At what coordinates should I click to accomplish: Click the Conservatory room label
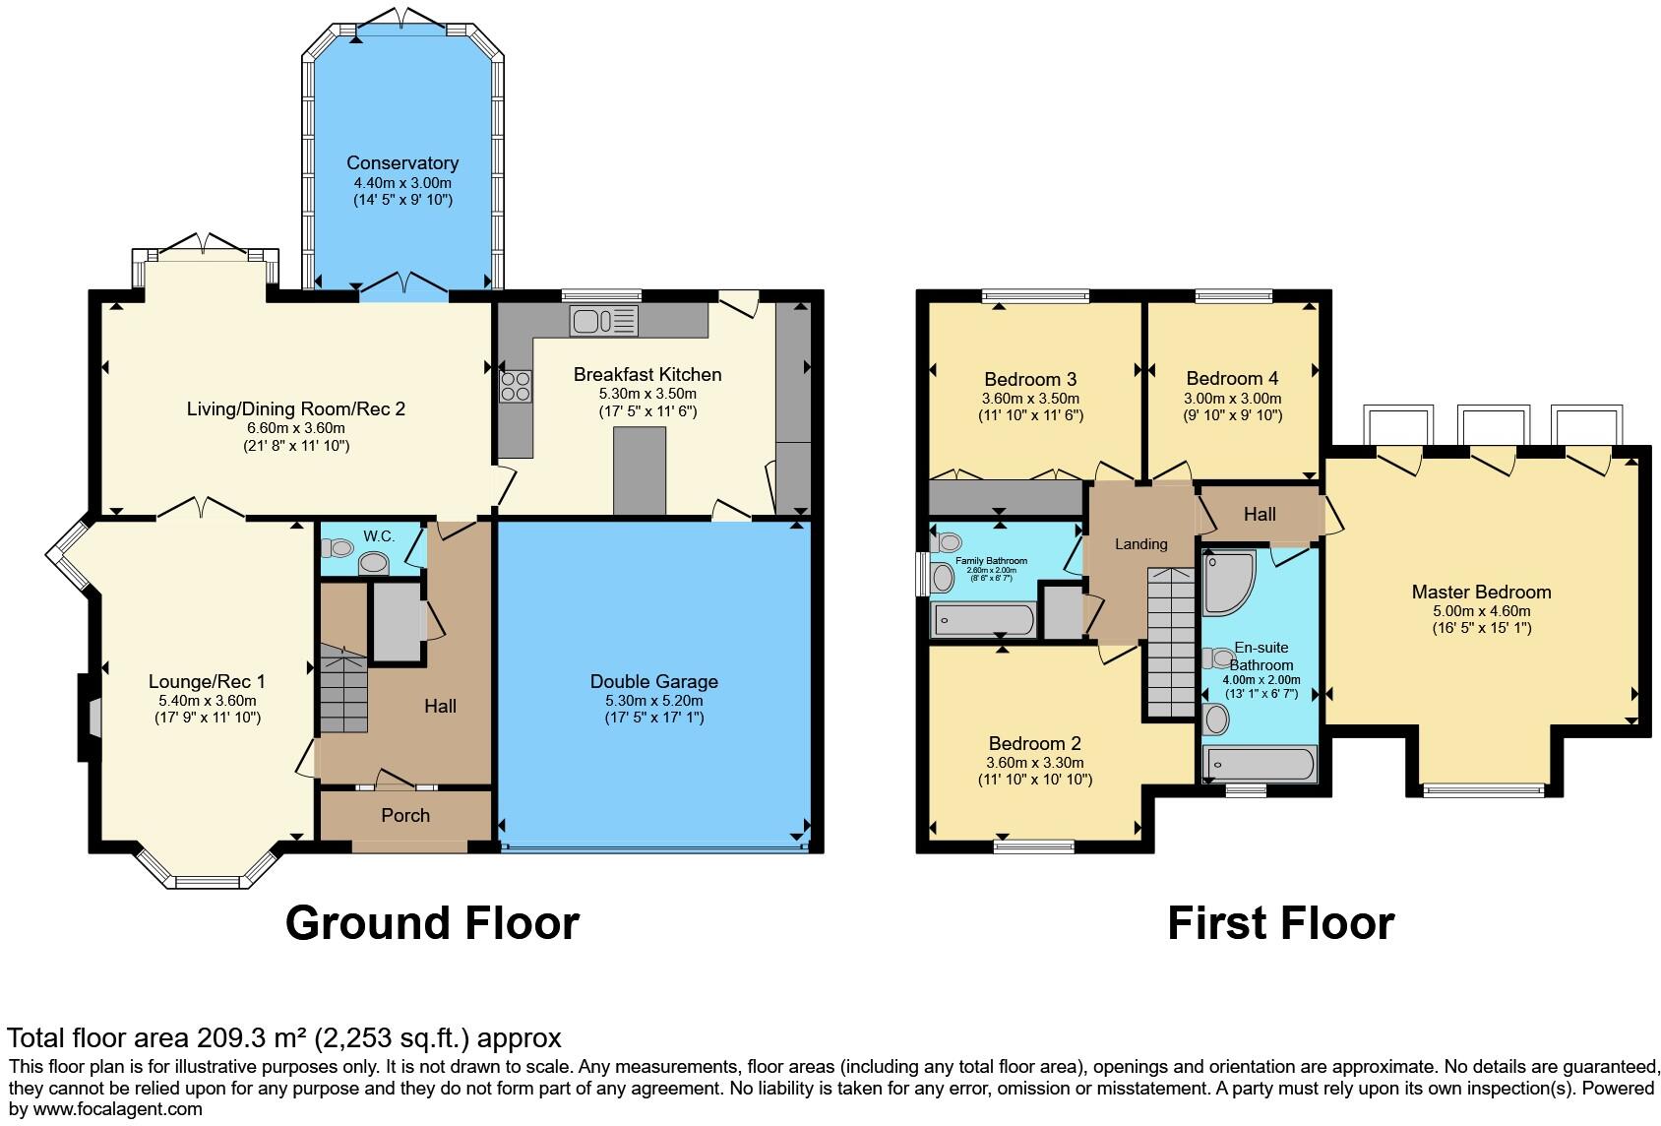pos(402,162)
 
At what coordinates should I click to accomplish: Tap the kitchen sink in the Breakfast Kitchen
pos(603,320)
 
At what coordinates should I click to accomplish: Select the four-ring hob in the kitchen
pos(515,385)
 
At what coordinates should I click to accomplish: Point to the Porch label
pos(405,815)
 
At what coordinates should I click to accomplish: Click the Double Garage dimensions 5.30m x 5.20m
pos(654,700)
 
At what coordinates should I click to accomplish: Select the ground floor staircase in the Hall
pos(341,689)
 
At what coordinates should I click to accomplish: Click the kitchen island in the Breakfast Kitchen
pos(640,470)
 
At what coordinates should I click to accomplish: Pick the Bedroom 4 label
pos(1232,378)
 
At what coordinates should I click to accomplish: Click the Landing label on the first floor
pos(1140,544)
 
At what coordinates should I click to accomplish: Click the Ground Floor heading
pos(432,923)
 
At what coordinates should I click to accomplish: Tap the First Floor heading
pos(1280,923)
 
